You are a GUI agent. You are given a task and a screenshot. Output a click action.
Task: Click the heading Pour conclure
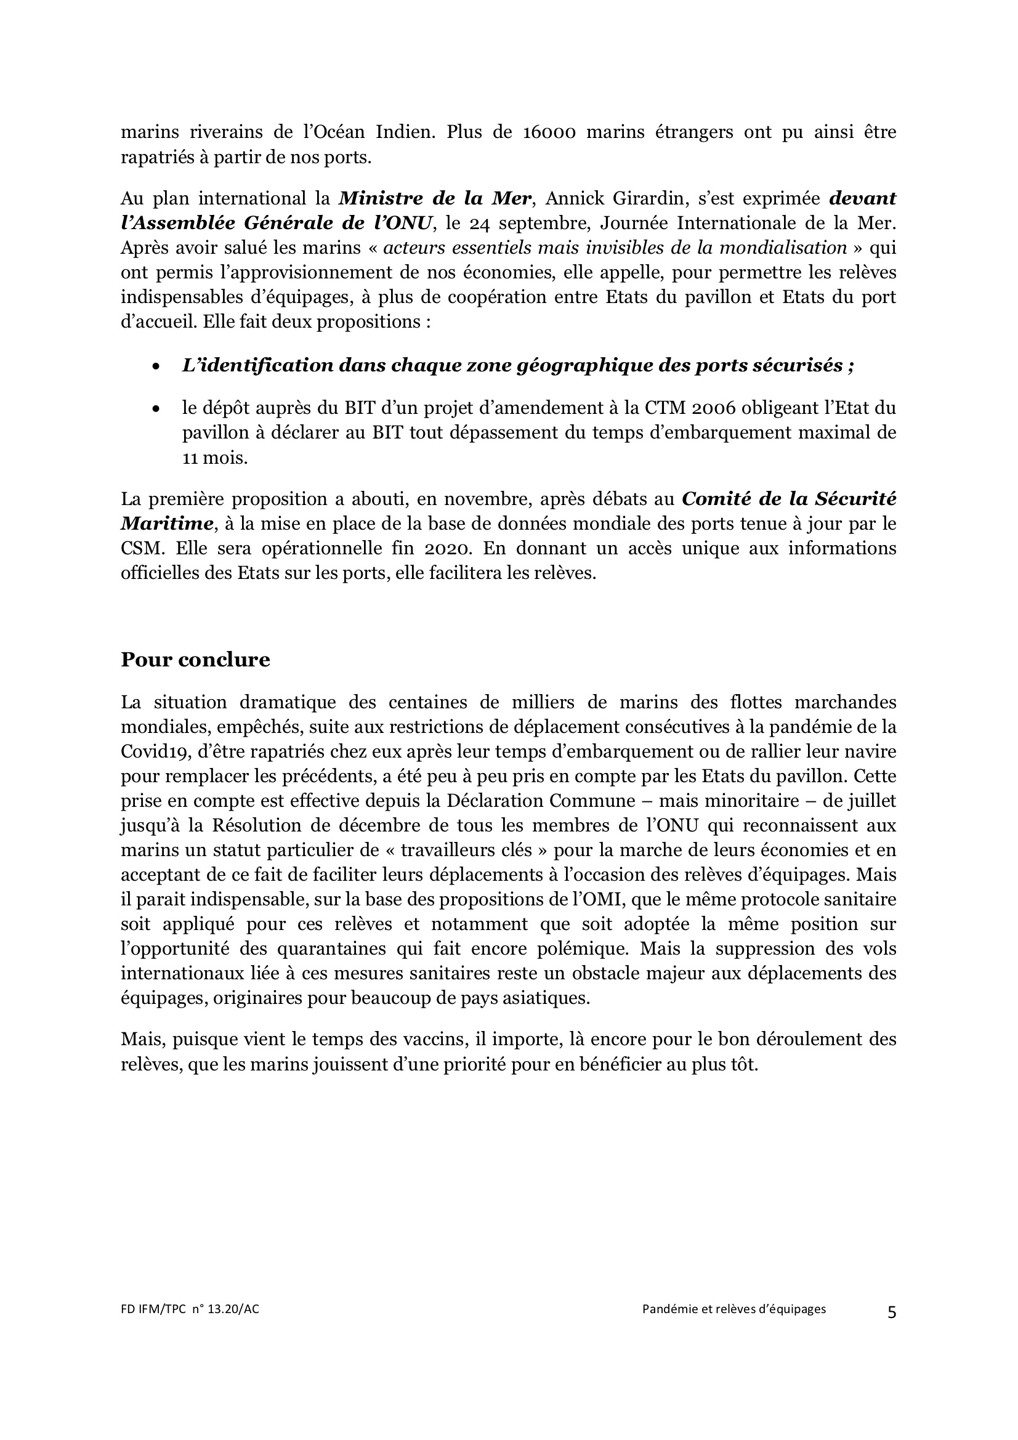195,660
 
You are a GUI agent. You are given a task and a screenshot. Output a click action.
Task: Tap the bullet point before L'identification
156,367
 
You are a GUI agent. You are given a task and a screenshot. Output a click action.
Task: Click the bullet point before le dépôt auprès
156,409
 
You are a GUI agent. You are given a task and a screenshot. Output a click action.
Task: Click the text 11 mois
214,458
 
